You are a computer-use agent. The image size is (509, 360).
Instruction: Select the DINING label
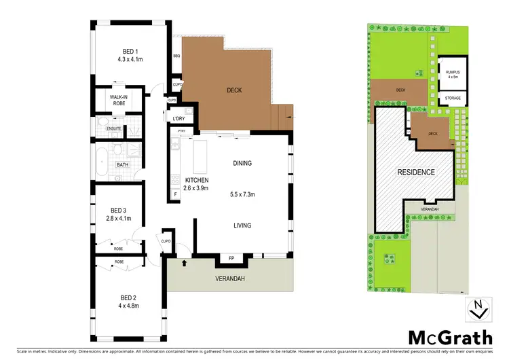click(x=242, y=163)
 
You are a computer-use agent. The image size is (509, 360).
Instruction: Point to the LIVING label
click(x=242, y=226)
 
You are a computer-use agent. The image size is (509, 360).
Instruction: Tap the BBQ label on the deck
click(x=176, y=56)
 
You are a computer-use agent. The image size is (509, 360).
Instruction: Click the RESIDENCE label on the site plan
click(x=415, y=173)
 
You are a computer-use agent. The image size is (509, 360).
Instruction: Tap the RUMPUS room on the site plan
click(x=453, y=73)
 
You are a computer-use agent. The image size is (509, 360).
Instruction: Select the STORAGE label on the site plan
click(x=453, y=98)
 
